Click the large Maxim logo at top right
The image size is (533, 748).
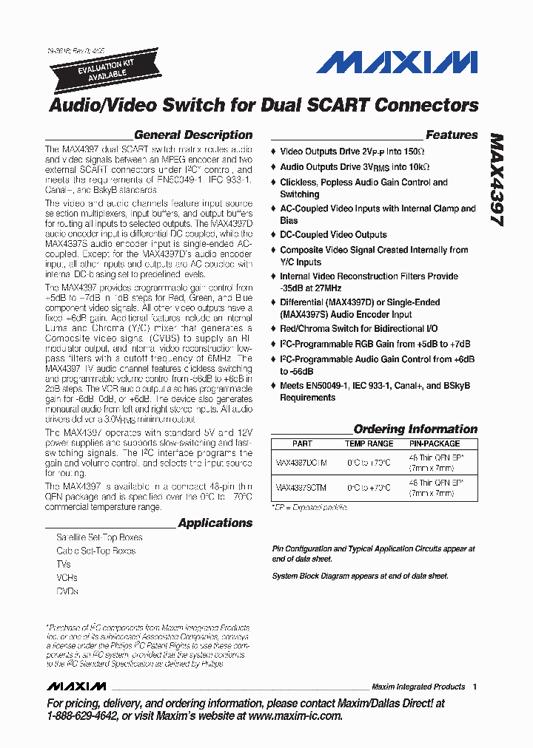point(397,61)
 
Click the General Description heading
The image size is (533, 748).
point(193,135)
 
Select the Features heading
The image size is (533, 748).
point(452,135)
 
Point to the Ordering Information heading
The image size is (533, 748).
point(415,429)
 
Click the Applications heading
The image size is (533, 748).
point(215,523)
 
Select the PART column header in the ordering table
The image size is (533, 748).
point(302,443)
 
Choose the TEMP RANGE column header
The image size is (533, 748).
point(369,443)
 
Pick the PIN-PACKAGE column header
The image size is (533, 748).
point(435,443)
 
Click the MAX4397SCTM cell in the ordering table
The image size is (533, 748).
point(301,488)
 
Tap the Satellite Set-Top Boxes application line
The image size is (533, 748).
point(99,537)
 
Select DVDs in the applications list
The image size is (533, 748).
point(67,591)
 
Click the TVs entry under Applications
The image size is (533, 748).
point(64,564)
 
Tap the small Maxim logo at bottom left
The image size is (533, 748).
point(76,687)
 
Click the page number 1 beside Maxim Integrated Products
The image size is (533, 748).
point(475,687)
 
